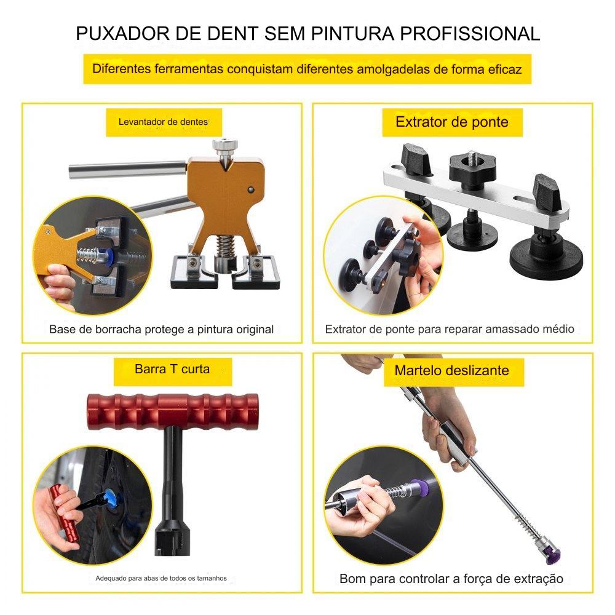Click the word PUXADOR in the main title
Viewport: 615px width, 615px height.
(123, 33)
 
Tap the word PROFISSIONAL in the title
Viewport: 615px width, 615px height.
(470, 33)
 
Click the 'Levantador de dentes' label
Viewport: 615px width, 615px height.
(163, 122)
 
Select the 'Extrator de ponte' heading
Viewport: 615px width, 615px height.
(452, 122)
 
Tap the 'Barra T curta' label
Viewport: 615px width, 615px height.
(172, 369)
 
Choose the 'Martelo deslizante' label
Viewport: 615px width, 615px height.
(452, 370)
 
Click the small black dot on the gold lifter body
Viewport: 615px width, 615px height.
(251, 190)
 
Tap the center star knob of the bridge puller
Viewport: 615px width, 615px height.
(472, 169)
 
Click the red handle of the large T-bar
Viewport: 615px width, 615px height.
(173, 412)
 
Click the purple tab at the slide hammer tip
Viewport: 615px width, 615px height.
(552, 557)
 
